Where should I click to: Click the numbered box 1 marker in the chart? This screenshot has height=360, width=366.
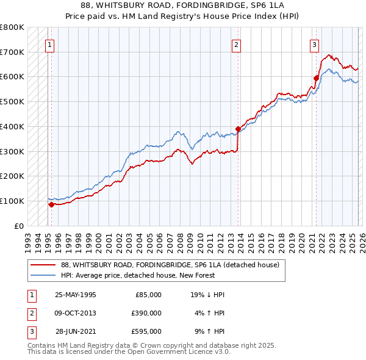pyautogui.click(x=49, y=44)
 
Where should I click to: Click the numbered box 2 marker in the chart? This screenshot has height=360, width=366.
pyautogui.click(x=236, y=44)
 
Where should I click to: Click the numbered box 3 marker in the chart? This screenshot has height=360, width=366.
pyautogui.click(x=314, y=44)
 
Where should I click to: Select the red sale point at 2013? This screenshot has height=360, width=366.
pyautogui.click(x=238, y=129)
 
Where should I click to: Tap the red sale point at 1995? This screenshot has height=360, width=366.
pyautogui.click(x=52, y=204)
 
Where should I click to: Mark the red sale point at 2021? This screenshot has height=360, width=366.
pyautogui.click(x=316, y=78)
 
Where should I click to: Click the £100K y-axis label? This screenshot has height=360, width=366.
pyautogui.click(x=12, y=201)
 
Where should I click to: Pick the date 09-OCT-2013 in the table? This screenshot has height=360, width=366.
pyautogui.click(x=75, y=313)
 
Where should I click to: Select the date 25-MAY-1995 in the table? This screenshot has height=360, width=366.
pyautogui.click(x=75, y=295)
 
